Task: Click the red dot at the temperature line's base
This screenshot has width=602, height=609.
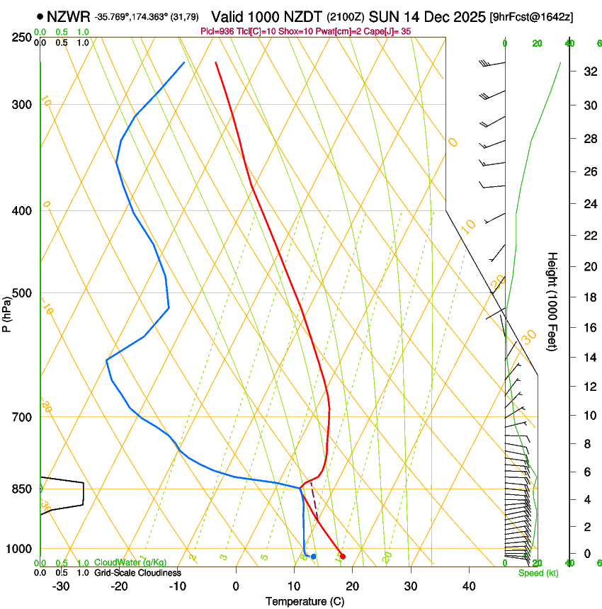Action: point(343,557)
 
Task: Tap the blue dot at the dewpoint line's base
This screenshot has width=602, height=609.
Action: point(313,557)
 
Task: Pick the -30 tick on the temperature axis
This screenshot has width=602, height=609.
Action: point(61,586)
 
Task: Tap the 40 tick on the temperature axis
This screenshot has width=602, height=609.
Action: point(469,586)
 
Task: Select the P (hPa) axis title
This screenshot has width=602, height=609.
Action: point(6,312)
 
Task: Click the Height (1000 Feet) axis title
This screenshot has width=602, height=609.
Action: point(553,302)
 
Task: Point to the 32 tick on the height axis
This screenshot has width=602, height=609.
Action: point(588,72)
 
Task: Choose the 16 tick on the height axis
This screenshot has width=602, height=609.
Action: point(588,327)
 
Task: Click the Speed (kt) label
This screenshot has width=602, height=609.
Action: point(538,573)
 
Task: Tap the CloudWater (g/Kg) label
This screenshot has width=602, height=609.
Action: point(127,563)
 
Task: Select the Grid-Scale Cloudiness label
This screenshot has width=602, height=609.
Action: point(137,573)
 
